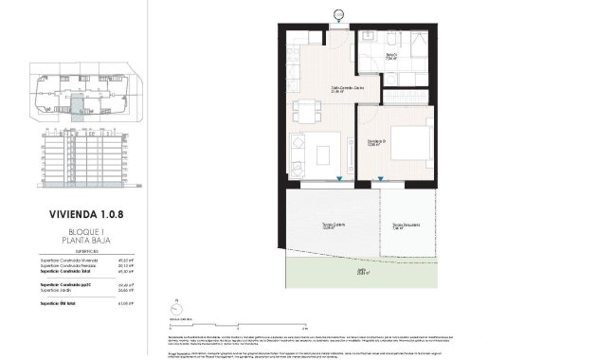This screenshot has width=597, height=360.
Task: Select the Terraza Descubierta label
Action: (x=406, y=225)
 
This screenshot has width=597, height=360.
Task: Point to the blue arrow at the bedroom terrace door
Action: (x=381, y=179)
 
